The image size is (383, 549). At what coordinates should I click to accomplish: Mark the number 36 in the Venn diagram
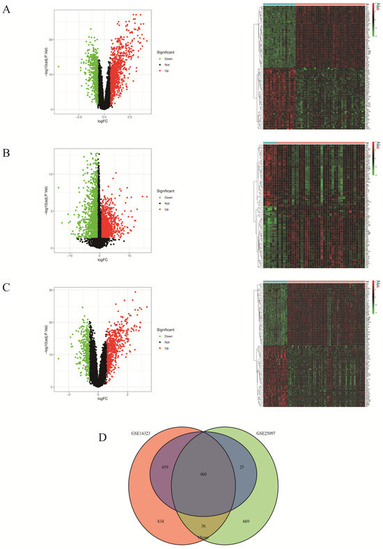click(x=204, y=525)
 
